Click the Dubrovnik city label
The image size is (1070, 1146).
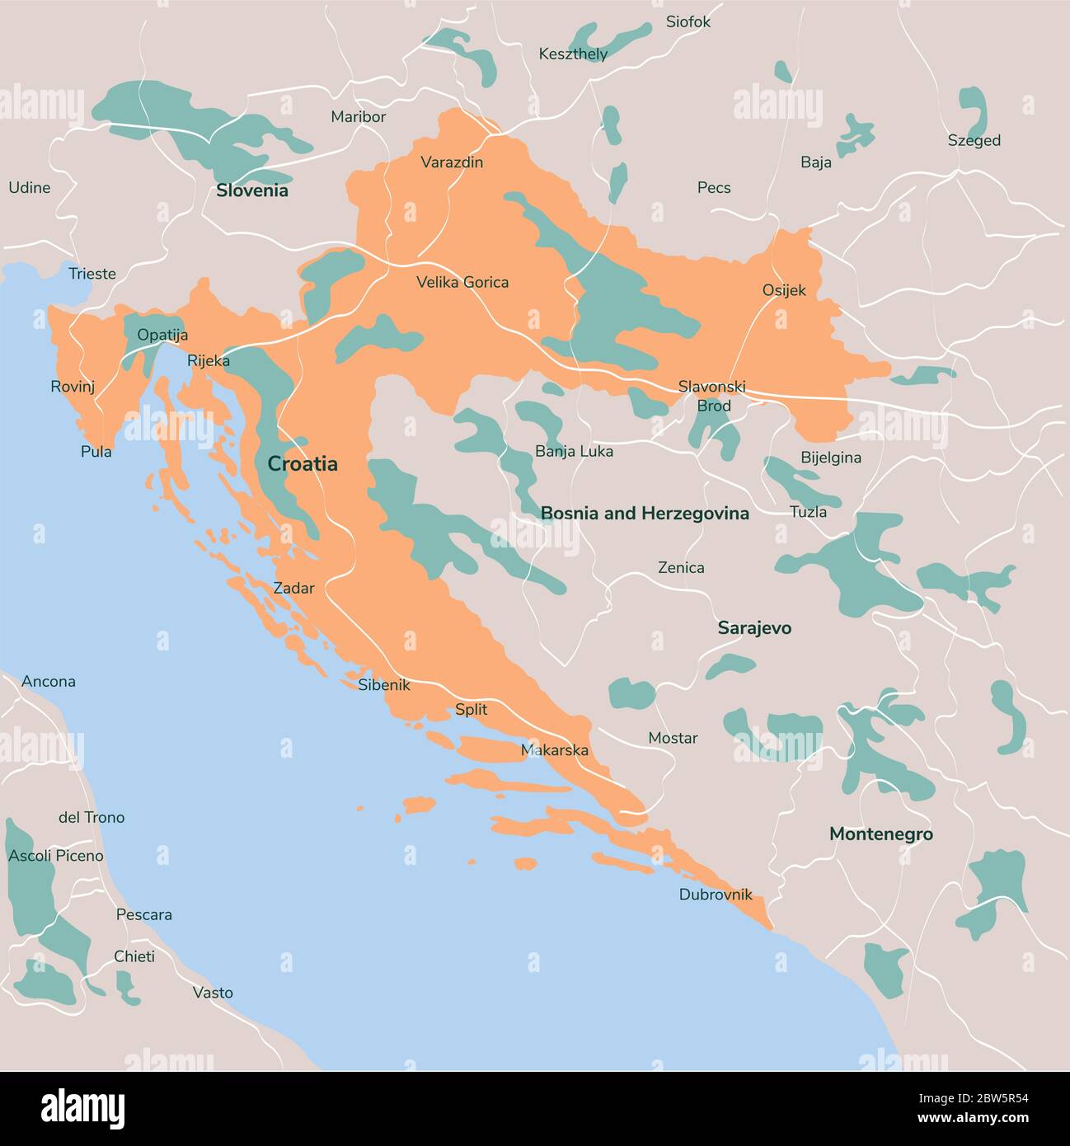tap(716, 895)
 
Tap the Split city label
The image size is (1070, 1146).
tap(471, 710)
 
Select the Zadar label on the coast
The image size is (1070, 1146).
tap(293, 589)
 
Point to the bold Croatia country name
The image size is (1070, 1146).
tap(303, 464)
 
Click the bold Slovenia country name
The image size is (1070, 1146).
tap(251, 190)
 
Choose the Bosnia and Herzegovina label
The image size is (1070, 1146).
tap(645, 514)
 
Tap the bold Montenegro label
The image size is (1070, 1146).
tap(880, 834)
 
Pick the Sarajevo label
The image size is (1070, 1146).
tap(753, 628)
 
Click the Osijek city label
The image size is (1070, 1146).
tap(783, 290)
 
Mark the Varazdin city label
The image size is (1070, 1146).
tap(452, 162)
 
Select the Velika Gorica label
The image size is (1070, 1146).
tap(462, 282)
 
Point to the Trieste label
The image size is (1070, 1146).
tap(92, 274)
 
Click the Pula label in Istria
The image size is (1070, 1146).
tap(96, 452)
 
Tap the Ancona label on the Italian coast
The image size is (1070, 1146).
tap(48, 682)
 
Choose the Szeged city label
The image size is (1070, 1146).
tap(974, 141)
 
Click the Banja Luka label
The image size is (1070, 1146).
tap(574, 452)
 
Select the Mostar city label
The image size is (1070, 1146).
tap(673, 738)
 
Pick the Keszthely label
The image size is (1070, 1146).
tap(573, 54)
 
